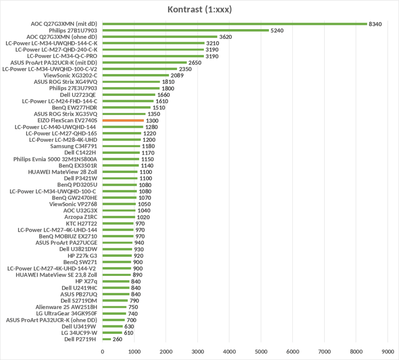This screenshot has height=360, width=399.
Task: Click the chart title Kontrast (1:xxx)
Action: click(x=199, y=9)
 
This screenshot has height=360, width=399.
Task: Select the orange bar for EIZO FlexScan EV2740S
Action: click(x=123, y=120)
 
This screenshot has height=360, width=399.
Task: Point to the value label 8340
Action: click(x=375, y=24)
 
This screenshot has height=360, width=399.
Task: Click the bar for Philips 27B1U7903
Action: click(x=185, y=30)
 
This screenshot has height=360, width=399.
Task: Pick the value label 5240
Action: click(x=277, y=30)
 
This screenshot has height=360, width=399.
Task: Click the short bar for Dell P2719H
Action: click(x=106, y=339)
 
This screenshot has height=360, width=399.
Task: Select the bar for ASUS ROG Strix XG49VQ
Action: click(x=131, y=82)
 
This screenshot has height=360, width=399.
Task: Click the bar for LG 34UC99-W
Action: click(x=112, y=332)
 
